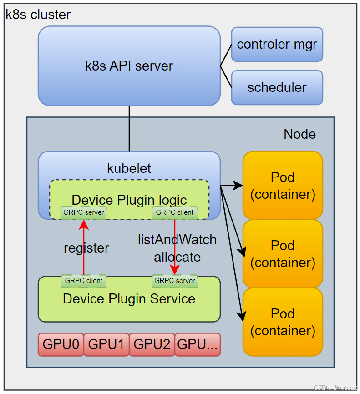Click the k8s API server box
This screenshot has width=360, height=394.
[129, 66]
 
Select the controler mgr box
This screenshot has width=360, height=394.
[277, 45]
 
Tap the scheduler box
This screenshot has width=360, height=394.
[277, 87]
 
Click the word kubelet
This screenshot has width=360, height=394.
[129, 168]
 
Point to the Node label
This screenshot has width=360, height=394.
[299, 134]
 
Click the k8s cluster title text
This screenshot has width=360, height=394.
[38, 15]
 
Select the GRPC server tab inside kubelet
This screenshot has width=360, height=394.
[83, 212]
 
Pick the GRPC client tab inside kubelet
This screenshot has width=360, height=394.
[175, 212]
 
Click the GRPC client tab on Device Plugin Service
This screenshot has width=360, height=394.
[83, 281]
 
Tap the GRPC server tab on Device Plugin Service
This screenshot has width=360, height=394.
[175, 281]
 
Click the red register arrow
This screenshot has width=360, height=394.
[84, 247]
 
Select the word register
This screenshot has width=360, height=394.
[86, 248]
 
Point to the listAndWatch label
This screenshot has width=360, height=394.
[177, 240]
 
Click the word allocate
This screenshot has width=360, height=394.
[177, 257]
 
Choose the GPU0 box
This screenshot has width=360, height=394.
[61, 344]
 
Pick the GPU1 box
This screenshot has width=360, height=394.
[106, 344]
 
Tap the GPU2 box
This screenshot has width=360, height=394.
[152, 344]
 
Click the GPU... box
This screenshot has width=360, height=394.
[198, 344]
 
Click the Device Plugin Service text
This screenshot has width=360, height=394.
[129, 299]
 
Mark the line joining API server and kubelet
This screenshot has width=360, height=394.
[129, 129]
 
